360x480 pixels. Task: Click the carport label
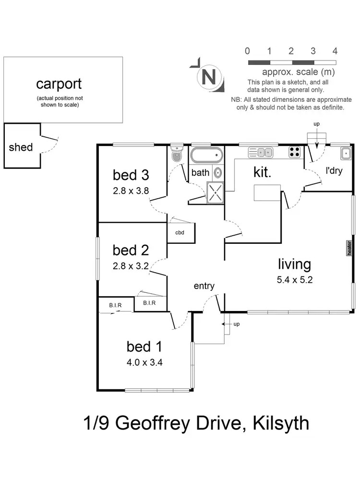point(59,84)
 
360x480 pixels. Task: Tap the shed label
point(21,147)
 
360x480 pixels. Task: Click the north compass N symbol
point(208,77)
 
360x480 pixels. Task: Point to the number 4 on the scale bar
point(335,51)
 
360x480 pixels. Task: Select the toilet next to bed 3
point(176,154)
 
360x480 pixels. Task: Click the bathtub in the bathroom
point(206,156)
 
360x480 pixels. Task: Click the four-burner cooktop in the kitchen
point(294,153)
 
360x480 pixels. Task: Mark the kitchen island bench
point(267,193)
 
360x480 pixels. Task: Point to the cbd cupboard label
point(180,233)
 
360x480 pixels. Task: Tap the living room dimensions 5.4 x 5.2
point(295,281)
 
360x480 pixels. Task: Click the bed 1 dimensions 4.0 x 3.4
point(144,362)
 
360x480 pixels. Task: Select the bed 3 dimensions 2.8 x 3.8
point(131,190)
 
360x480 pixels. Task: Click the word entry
point(204,286)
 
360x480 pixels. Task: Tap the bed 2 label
point(131,250)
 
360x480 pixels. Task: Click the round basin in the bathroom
point(217,173)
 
